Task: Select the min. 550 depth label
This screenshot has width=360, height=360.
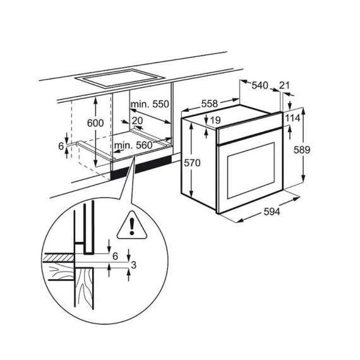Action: pyautogui.click(x=150, y=104)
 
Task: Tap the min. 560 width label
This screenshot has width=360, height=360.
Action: pyautogui.click(x=134, y=146)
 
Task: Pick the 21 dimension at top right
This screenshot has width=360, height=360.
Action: pyautogui.click(x=284, y=85)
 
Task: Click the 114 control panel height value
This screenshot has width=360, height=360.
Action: pyautogui.click(x=292, y=118)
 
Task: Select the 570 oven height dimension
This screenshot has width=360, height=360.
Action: pyautogui.click(x=192, y=163)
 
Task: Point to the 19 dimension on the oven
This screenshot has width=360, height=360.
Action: pyautogui.click(x=214, y=121)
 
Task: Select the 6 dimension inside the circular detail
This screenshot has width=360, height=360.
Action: pyautogui.click(x=115, y=256)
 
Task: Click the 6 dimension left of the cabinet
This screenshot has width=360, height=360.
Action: pyautogui.click(x=61, y=146)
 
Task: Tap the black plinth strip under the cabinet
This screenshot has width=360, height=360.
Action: pyautogui.click(x=141, y=167)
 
